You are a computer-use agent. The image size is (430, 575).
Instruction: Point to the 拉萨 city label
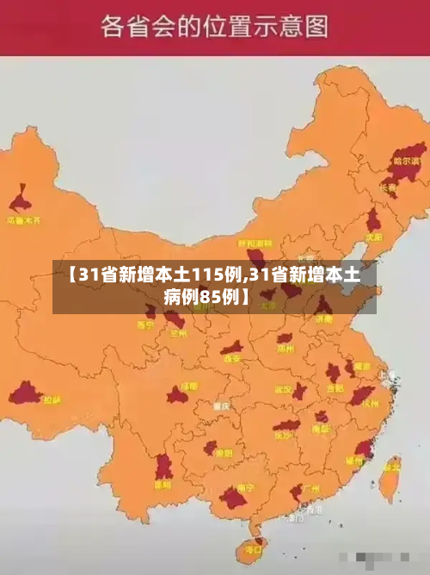(x=52, y=399)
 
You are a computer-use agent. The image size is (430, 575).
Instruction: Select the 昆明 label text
(x=162, y=485)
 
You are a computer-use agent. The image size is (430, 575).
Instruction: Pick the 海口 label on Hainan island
(x=253, y=547)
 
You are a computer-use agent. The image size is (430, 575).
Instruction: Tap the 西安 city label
(x=231, y=359)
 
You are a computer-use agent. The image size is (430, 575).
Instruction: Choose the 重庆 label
(x=223, y=405)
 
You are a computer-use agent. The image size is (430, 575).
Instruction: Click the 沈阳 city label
(x=372, y=236)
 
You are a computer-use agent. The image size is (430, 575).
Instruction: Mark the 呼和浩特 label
(x=255, y=244)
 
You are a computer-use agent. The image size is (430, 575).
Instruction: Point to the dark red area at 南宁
(x=233, y=498)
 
